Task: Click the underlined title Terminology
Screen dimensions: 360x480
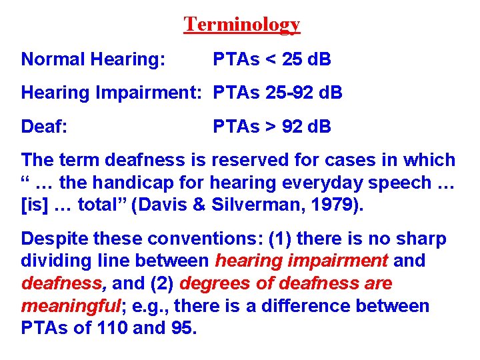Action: point(242,25)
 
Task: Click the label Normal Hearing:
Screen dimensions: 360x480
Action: point(93,60)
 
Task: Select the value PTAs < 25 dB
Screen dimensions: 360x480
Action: point(272,60)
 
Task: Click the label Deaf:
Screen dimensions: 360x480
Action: point(44,126)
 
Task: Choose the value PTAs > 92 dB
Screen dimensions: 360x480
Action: point(272,126)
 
